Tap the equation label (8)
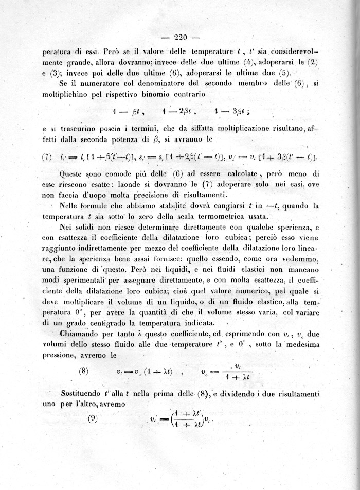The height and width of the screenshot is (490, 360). pos(85,371)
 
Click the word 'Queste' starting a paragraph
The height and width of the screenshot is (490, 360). pos(75,174)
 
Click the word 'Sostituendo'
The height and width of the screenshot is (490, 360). pos(83,394)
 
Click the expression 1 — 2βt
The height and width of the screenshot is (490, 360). pos(179,111)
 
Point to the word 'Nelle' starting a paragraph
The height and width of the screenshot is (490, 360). pos(71,206)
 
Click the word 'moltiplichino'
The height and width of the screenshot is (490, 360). pos(68,95)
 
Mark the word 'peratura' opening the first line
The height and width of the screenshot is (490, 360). pos(58,51)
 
